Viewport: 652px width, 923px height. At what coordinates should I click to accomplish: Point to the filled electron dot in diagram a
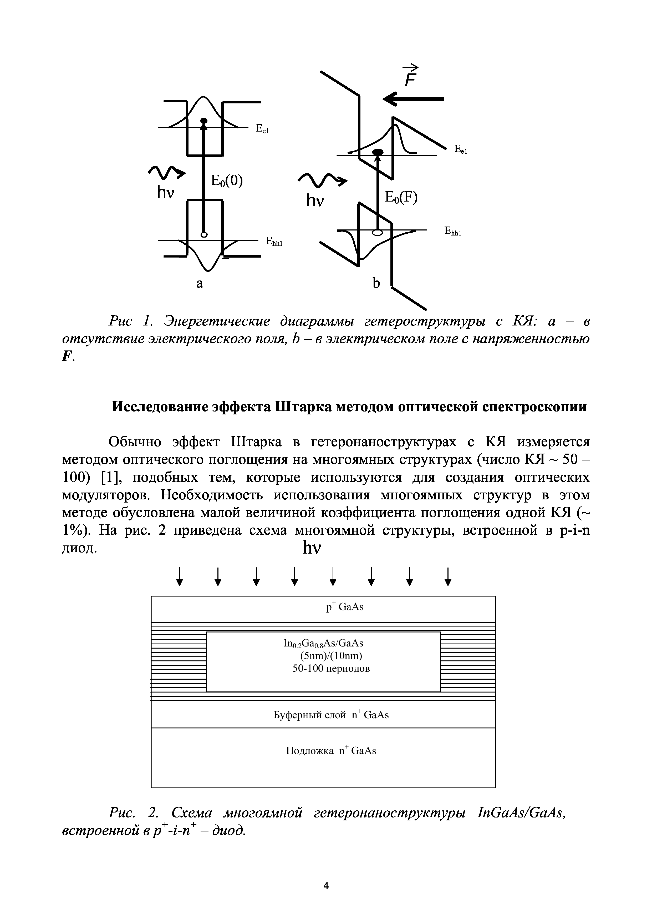pyautogui.click(x=204, y=120)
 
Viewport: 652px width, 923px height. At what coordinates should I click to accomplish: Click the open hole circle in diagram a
pyautogui.click(x=204, y=234)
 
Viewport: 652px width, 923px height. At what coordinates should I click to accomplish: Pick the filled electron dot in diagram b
pyautogui.click(x=378, y=152)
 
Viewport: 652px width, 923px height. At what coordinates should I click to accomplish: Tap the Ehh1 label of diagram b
pyautogui.click(x=453, y=231)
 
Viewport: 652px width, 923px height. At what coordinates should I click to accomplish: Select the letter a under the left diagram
pyautogui.click(x=200, y=283)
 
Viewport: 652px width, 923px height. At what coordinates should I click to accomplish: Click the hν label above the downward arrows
pyautogui.click(x=312, y=548)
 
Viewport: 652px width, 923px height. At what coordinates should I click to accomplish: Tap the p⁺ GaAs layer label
pyautogui.click(x=345, y=607)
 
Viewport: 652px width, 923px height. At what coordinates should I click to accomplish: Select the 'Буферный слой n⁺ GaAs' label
pyautogui.click(x=331, y=715)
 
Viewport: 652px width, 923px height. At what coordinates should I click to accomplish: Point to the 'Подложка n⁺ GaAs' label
pyautogui.click(x=331, y=751)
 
